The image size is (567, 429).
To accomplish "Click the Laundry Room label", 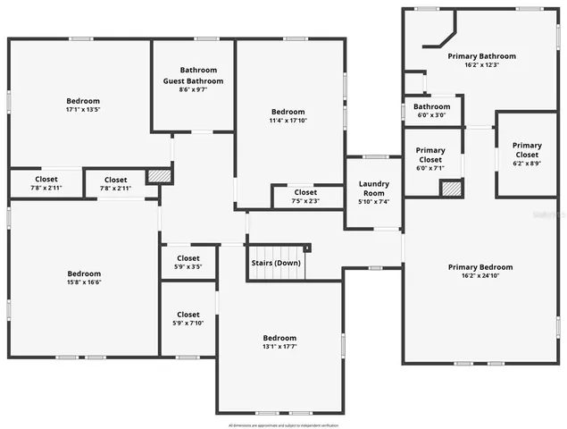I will point(373,189).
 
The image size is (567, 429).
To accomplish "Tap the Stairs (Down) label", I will point(274,264).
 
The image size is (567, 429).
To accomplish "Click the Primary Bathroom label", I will point(481,56).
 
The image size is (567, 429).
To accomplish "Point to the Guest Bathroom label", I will point(193,81).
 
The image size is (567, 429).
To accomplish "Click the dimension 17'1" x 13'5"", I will point(83,111).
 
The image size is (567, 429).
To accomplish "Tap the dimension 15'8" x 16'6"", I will point(84,283).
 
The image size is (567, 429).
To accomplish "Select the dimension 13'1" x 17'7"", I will point(279,347).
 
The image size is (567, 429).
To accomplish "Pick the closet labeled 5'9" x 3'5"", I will point(188,266).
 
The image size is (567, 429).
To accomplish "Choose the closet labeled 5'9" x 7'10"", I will point(188,323).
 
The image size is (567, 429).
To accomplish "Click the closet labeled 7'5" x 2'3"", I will point(305,201).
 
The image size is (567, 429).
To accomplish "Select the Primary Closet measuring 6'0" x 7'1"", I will point(430,168).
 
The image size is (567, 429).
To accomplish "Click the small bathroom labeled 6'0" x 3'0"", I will point(432,114).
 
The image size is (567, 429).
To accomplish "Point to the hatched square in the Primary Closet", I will point(452,189).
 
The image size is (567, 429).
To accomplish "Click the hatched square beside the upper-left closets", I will point(158,176).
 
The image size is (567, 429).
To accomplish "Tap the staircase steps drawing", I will point(276,265).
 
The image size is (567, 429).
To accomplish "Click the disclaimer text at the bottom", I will point(283,424).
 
